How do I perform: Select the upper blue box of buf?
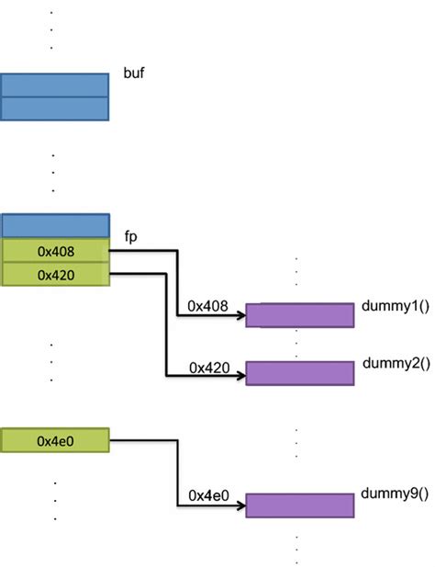tap(55, 85)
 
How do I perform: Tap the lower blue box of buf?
tap(55, 108)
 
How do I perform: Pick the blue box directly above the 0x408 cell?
tap(55, 225)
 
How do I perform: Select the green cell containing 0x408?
tap(55, 250)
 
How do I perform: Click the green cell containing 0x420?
tap(55, 274)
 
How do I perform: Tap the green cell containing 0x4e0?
tap(55, 440)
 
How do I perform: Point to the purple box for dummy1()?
tap(299, 314)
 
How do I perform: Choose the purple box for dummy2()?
tap(299, 373)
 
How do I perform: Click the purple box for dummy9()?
tap(299, 505)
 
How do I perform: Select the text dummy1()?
tap(396, 306)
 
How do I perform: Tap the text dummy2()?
tap(396, 363)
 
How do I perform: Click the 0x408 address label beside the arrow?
tap(208, 304)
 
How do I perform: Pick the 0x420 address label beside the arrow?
tap(208, 367)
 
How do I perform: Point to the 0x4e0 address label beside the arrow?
tap(208, 495)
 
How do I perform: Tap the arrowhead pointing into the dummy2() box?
tap(240, 376)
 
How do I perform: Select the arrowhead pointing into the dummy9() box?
tap(240, 505)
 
